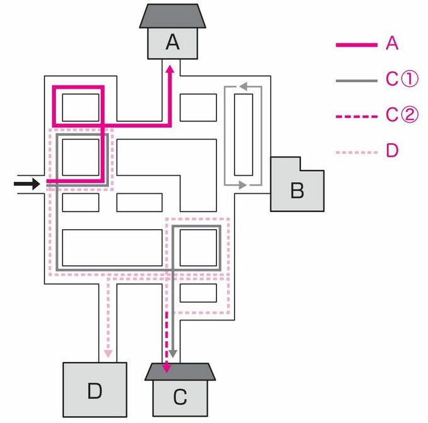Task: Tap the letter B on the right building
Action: (296, 190)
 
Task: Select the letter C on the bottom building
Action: (180, 397)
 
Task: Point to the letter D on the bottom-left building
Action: (94, 391)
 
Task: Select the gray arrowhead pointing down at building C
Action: (173, 354)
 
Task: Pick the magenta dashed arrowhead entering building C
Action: (166, 368)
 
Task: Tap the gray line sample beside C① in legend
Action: (356, 81)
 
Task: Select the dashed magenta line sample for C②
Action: (356, 116)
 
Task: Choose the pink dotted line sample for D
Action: (356, 152)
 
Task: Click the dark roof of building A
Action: (172, 15)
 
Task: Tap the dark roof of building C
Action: (180, 372)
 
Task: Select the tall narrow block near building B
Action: (244, 135)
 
